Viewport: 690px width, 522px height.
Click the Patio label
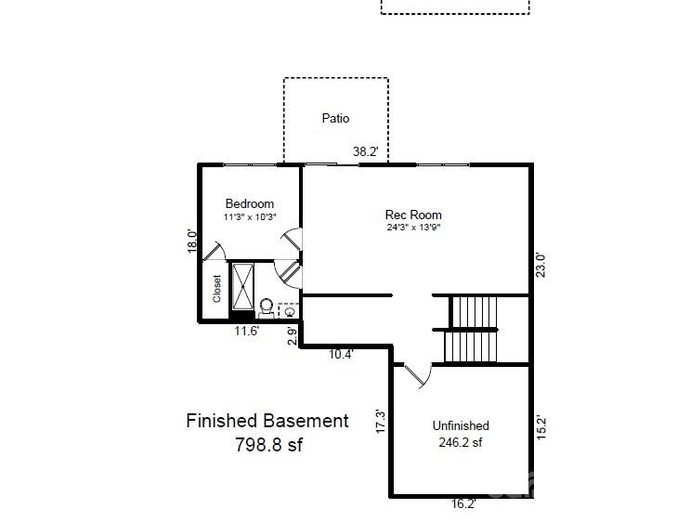point(335,118)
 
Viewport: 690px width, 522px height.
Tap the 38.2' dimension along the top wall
point(365,151)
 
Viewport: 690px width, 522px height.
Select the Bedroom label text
point(250,203)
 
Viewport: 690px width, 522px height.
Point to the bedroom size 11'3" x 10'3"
point(250,217)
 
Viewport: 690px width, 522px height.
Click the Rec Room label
point(413,215)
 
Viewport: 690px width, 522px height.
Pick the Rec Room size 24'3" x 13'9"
point(413,228)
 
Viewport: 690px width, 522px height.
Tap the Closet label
point(216,289)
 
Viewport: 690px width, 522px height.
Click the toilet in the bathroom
point(267,307)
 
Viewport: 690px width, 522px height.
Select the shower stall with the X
point(243,286)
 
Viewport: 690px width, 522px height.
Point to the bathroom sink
point(289,311)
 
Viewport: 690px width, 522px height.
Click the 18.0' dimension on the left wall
point(192,241)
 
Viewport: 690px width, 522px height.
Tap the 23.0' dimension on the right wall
point(540,265)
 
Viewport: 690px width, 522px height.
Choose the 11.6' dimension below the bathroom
point(246,331)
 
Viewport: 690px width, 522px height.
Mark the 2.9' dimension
point(293,336)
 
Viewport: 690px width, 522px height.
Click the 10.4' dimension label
point(341,354)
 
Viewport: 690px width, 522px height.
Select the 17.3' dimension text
point(381,421)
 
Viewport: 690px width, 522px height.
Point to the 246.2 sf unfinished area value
point(461,442)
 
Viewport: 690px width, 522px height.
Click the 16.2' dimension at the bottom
point(463,504)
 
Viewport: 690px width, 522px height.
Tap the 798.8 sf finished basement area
point(269,445)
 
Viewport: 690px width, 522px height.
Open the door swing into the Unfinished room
point(418,377)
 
